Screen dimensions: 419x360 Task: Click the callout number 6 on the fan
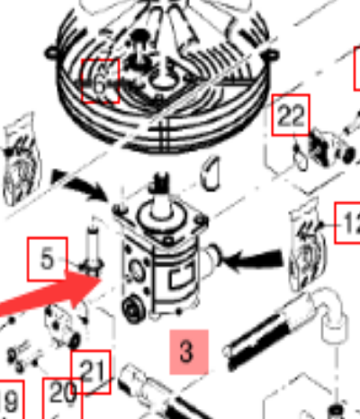tap(101, 81)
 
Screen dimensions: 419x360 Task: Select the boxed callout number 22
tap(291, 115)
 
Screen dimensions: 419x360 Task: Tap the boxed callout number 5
tap(47, 261)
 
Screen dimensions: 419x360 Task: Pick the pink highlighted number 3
tap(186, 352)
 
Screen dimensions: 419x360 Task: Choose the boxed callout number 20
tap(62, 393)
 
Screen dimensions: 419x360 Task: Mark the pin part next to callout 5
tap(89, 252)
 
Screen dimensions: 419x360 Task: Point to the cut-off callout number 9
tap(9, 399)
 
